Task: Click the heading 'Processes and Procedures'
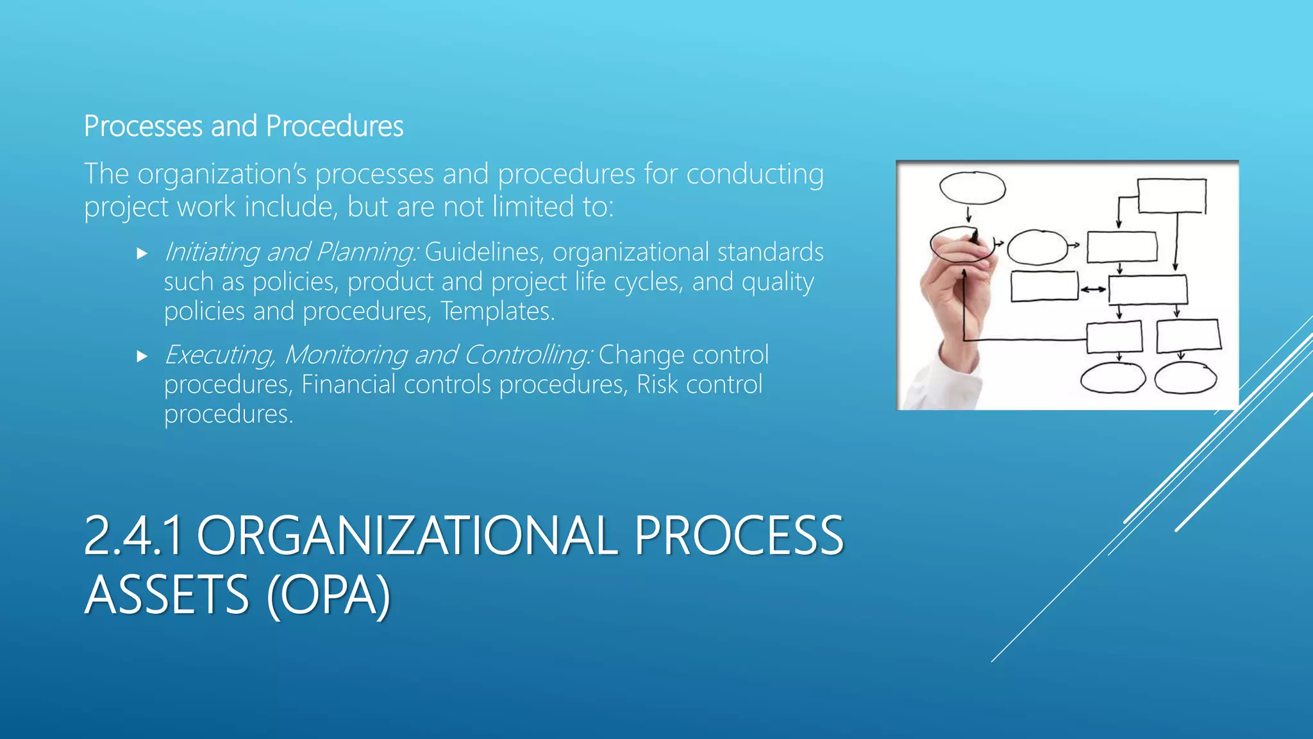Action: [x=244, y=126]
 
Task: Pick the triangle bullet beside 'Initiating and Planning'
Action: [x=142, y=254]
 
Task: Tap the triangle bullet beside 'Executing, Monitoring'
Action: [x=142, y=357]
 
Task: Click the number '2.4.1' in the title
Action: [x=133, y=536]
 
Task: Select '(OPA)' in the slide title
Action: [x=328, y=595]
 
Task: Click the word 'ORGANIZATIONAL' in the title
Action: [x=407, y=536]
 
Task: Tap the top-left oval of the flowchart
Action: [x=972, y=188]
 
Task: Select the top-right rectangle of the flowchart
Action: [x=1171, y=196]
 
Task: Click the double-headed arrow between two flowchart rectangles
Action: [x=1093, y=289]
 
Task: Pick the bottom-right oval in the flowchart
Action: [x=1185, y=378]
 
